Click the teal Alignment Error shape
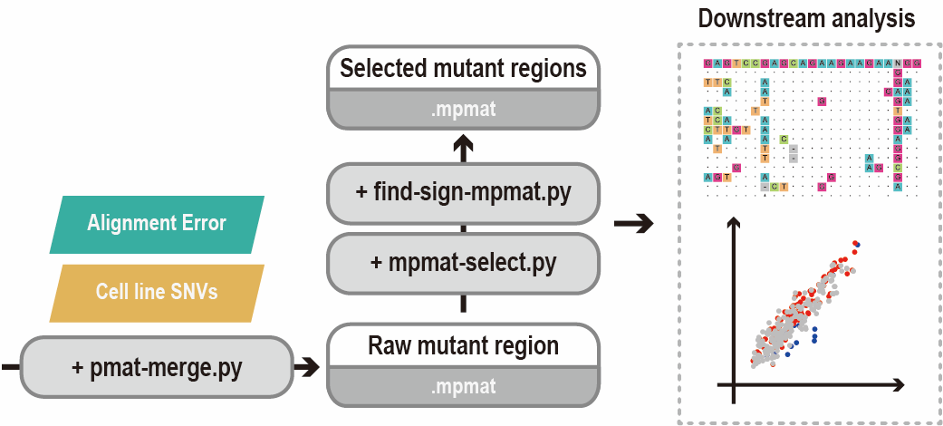point(156,223)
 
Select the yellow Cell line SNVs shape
point(156,293)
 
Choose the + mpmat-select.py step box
point(463,262)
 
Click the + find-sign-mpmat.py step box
point(463,192)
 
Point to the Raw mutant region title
point(463,345)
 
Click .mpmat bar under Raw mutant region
point(463,386)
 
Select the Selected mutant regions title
point(463,68)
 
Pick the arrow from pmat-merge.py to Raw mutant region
point(308,367)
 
